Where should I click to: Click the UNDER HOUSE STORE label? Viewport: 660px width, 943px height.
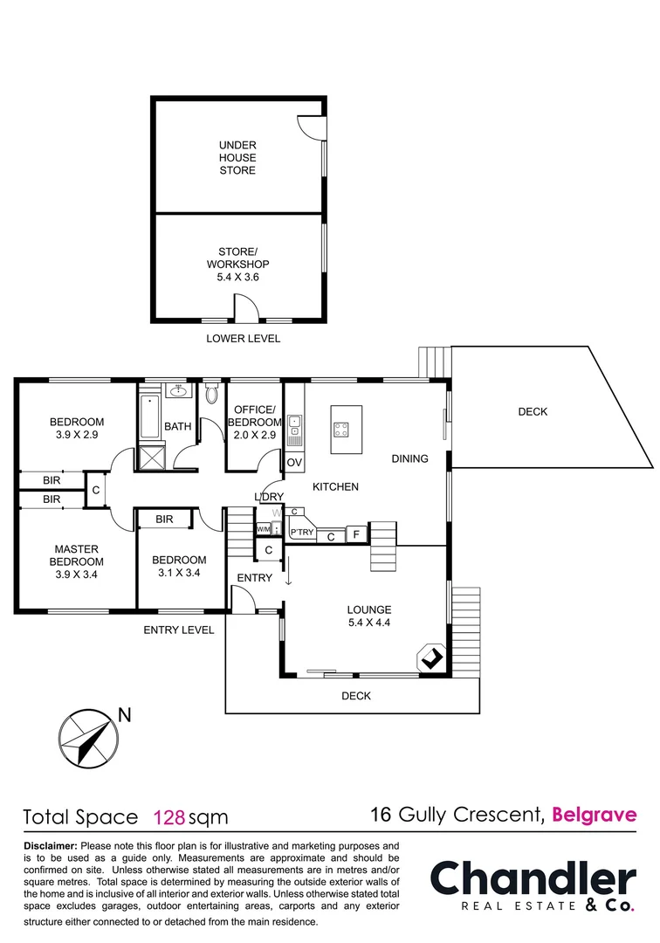[x=237, y=158]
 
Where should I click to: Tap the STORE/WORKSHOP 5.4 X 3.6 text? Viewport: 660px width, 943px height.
[x=237, y=264]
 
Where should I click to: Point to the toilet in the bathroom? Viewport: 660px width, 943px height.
[x=210, y=395]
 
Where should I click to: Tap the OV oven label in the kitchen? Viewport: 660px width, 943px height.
[x=294, y=462]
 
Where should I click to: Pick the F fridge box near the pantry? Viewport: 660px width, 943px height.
[x=356, y=535]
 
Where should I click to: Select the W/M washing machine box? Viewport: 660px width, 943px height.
[x=263, y=529]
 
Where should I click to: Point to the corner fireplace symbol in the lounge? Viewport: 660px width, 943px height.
[x=431, y=659]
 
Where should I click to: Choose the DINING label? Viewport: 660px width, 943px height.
[x=409, y=458]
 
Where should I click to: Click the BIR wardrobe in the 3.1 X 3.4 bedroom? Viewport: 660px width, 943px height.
[x=164, y=520]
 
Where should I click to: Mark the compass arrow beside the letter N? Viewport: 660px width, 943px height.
[x=87, y=738]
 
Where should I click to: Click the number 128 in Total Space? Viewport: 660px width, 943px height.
[x=168, y=818]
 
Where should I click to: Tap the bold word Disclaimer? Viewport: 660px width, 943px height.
[x=51, y=846]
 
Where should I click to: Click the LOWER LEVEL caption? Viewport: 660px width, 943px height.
[x=243, y=339]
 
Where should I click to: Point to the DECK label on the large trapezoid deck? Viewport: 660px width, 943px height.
[x=533, y=411]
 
